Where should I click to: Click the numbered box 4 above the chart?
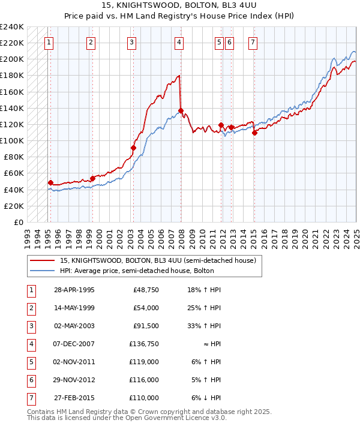click(x=179, y=42)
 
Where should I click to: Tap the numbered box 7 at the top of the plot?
click(x=253, y=42)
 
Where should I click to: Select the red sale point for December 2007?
click(x=181, y=110)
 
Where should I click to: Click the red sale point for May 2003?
click(x=133, y=148)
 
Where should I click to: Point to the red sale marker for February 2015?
click(x=254, y=133)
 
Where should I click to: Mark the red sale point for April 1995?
click(x=50, y=182)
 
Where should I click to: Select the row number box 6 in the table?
click(x=30, y=380)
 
